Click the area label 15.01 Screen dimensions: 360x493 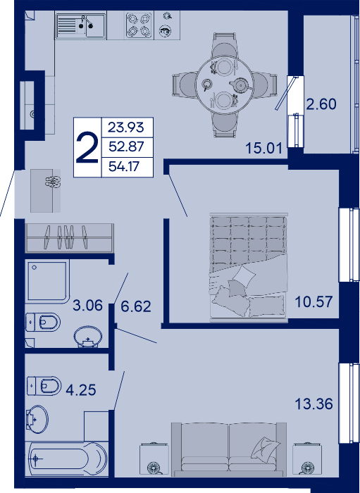(263, 148)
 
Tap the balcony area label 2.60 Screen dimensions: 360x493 (321, 104)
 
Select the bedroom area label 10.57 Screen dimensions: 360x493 (314, 302)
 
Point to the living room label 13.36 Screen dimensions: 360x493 (314, 404)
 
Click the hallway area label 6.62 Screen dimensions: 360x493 (136, 306)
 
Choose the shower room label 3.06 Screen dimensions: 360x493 (87, 305)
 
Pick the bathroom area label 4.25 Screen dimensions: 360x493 (81, 390)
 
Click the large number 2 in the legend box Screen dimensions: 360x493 (87, 147)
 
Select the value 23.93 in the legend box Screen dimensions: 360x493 (126, 127)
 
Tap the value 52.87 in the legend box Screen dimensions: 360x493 (126, 146)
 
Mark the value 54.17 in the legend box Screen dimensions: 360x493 (123, 166)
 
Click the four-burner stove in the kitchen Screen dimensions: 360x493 (139, 25)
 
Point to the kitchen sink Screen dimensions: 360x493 (81, 25)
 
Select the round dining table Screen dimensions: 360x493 (224, 85)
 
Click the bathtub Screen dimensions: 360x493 (67, 458)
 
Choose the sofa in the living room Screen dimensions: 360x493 (229, 449)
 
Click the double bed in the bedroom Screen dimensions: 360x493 (249, 267)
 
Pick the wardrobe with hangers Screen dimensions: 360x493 (70, 238)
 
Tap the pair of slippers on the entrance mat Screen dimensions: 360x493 (53, 182)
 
